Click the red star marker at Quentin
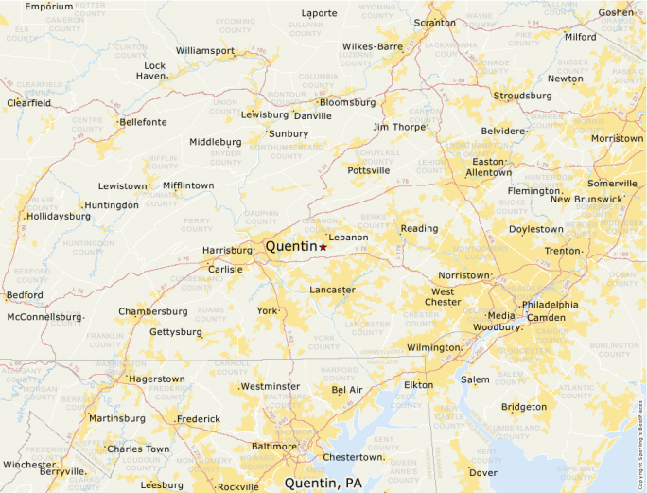coord(323,247)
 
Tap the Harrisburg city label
coord(227,251)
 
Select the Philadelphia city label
coord(550,305)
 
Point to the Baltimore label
coord(273,446)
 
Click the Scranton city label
coord(434,22)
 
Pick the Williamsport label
coord(204,50)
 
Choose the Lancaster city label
coord(332,290)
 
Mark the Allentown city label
coord(488,173)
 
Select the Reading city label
coord(419,229)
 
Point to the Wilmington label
coord(431,347)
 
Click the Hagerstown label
coord(156,379)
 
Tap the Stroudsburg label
coord(522,96)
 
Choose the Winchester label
coord(28,465)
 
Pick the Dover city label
coord(482,472)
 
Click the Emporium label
coord(48,7)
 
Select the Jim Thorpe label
coord(400,127)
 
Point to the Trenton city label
coord(561,251)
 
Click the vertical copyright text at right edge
coord(640,436)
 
